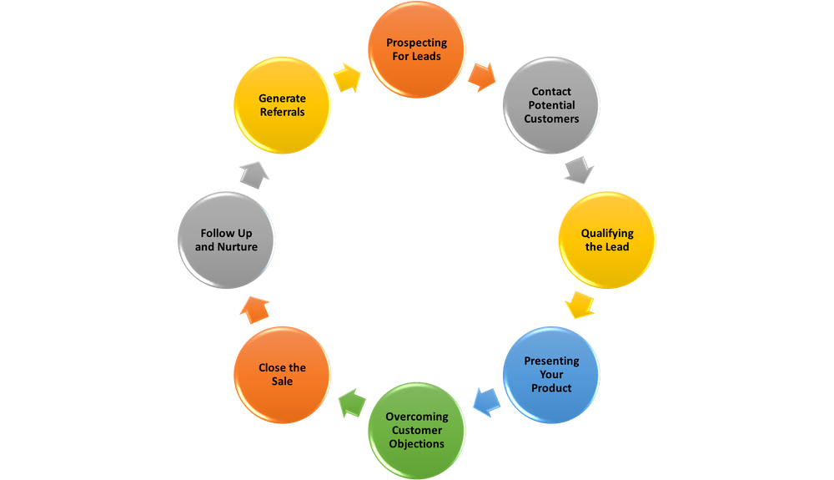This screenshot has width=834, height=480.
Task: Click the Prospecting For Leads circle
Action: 417,49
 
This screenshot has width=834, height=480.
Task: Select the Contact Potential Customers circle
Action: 551,105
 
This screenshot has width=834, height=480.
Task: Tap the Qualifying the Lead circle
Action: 607,240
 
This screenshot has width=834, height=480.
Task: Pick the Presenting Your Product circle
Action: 551,374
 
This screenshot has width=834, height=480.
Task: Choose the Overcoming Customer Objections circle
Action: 417,430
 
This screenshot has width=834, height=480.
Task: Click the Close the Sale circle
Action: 283,374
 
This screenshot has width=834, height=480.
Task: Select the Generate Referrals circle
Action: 283,105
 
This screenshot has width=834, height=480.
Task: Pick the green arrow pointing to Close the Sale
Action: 351,402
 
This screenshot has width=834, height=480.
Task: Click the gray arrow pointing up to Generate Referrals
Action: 254,174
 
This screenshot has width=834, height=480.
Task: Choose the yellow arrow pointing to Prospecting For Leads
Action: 349,77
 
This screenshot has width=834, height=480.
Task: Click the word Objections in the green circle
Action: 417,443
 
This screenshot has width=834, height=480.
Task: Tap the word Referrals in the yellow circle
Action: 282,112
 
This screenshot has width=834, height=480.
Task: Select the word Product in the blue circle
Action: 552,387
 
